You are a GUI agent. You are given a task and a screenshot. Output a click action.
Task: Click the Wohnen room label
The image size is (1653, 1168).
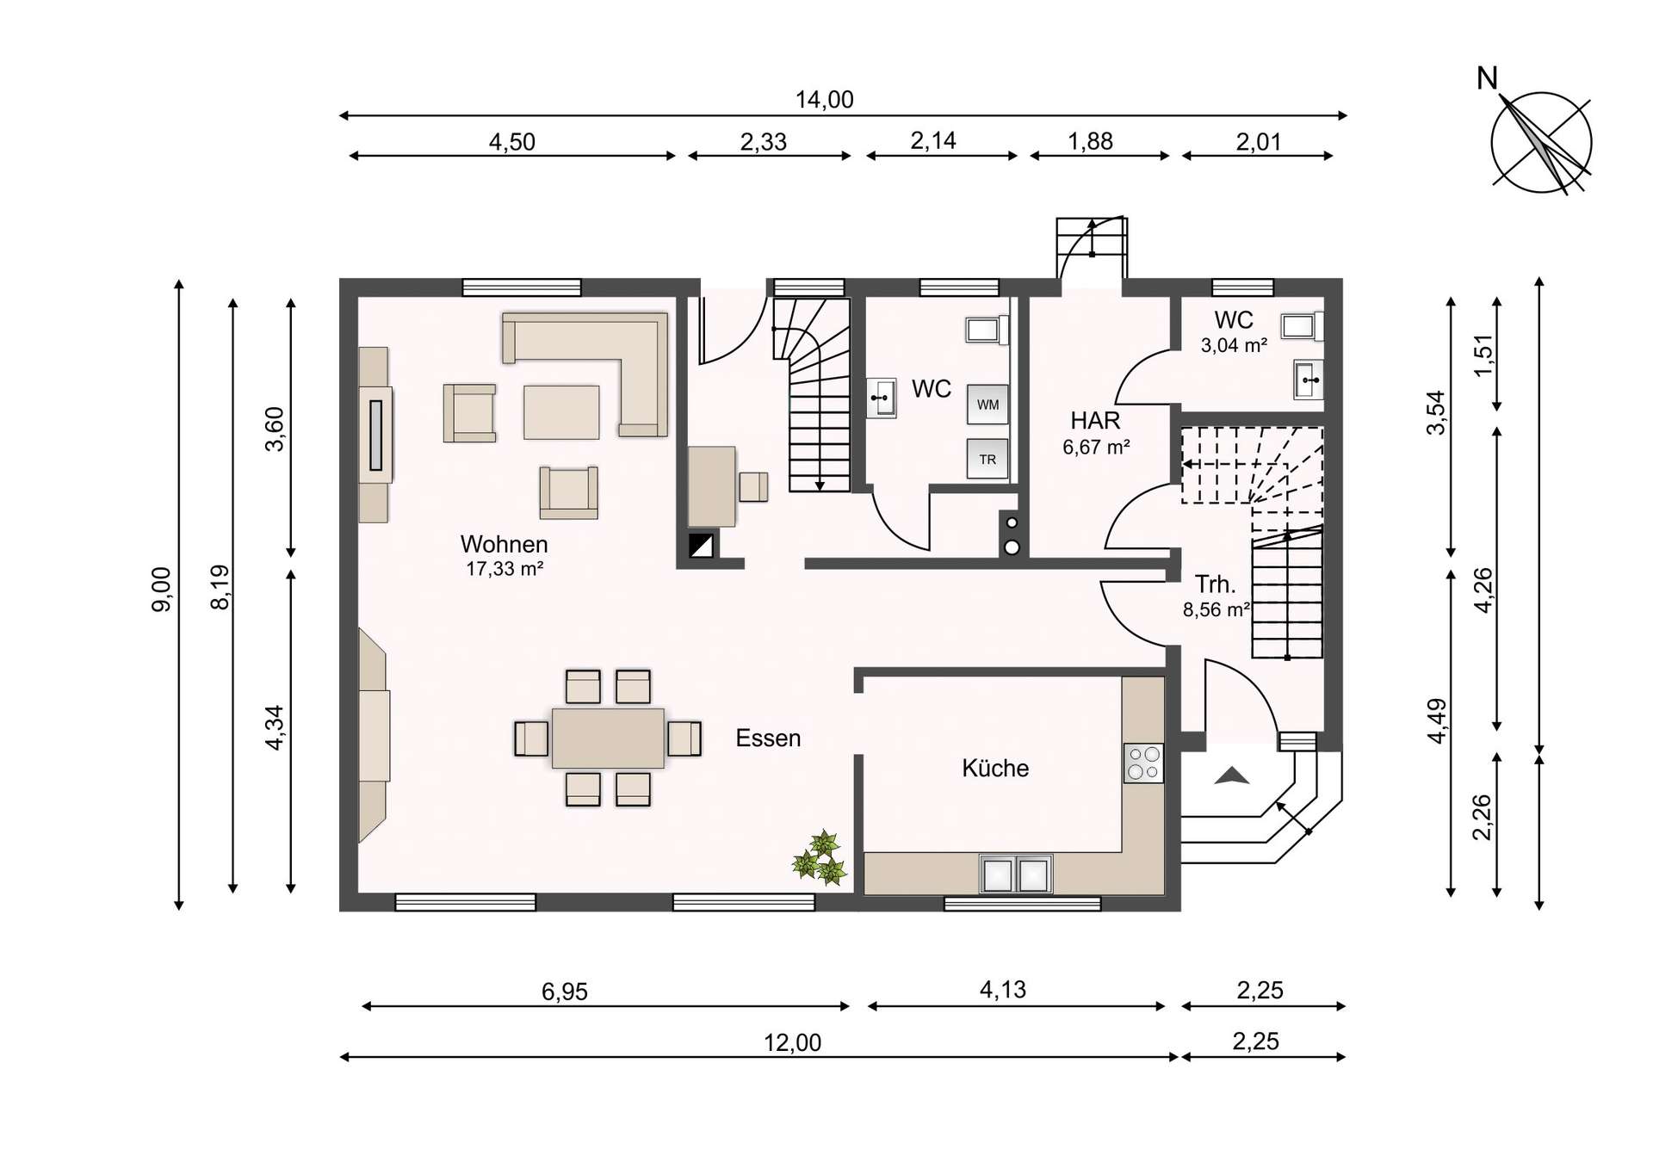coord(504,545)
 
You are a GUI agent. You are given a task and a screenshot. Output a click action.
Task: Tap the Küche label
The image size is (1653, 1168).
coord(995,768)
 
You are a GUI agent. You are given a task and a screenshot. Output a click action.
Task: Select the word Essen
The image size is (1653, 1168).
coord(768,738)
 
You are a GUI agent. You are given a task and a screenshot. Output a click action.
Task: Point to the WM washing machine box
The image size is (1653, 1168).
coord(987,405)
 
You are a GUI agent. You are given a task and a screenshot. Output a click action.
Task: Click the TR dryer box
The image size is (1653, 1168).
coord(987,460)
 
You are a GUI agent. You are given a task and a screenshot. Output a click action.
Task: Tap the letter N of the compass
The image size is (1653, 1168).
coord(1487,79)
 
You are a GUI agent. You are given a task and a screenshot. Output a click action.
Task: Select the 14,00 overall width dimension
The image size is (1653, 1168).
coord(824,100)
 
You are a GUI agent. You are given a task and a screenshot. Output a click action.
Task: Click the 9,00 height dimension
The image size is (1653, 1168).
coord(161,590)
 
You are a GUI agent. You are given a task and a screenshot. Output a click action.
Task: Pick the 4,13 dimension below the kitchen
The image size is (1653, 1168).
coord(1002,990)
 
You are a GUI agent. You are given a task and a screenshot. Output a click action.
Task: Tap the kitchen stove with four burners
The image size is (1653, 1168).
coord(1143,763)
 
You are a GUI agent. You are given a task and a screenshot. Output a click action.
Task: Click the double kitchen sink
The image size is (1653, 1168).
coord(1016,874)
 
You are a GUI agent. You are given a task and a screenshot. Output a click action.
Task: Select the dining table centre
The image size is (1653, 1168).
coord(608,738)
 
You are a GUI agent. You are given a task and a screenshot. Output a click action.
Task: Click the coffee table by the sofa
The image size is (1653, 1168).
coord(561,412)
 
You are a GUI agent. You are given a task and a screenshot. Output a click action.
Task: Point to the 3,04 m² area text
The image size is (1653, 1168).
coord(1234,346)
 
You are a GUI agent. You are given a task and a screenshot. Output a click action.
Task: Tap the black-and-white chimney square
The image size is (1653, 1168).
coord(701,546)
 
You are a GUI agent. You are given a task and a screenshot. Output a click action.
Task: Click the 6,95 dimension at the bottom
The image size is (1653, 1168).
coord(564,992)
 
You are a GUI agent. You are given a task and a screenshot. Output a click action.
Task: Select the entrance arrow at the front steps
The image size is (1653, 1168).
coord(1232,776)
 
